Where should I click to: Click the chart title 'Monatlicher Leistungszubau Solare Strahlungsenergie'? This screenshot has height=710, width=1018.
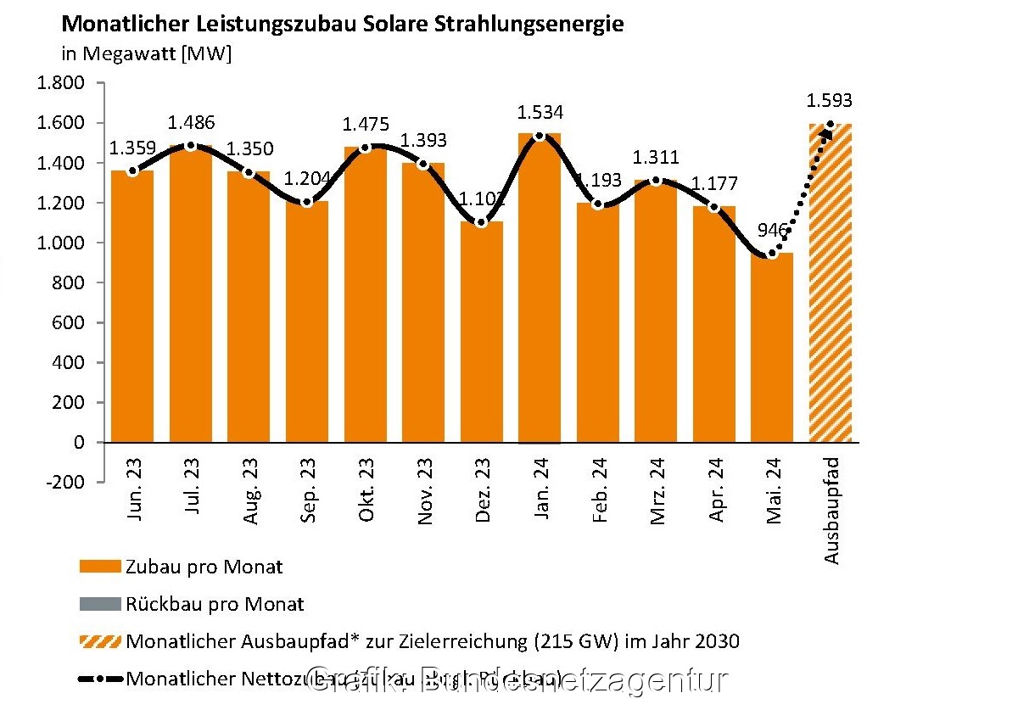(343, 24)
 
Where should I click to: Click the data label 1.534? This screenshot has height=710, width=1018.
(540, 113)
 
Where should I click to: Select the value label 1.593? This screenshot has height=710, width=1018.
(829, 101)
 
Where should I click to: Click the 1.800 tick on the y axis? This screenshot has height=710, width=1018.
(60, 83)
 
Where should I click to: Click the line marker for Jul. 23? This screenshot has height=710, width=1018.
(191, 146)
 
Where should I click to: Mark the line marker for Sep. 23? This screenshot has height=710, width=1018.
(307, 202)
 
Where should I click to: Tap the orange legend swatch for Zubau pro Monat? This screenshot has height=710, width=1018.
(100, 567)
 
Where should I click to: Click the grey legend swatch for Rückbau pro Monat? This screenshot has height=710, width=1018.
(100, 605)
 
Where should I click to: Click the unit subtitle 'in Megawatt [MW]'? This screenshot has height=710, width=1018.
(146, 54)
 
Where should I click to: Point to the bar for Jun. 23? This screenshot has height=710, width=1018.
(132, 305)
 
